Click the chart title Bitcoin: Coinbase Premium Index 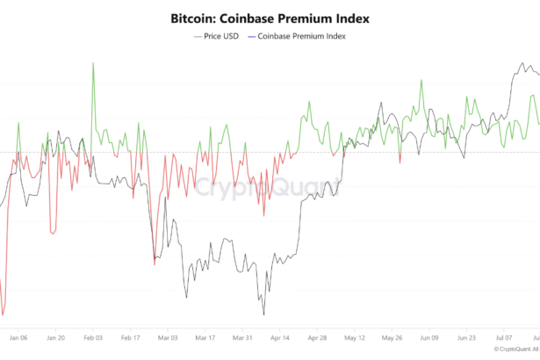coord(270,18)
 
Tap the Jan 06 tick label coord(18,336)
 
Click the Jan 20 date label coord(55,336)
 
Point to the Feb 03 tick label coord(92,336)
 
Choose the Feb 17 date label coord(130,336)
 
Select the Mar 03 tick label coord(168,336)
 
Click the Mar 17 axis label coord(205,336)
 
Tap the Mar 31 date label coord(242,336)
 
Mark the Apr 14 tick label coord(280,336)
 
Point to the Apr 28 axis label coord(318,336)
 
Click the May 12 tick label coord(355,336)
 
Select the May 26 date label coord(392,336)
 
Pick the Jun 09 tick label coord(430,336)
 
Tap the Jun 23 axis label coord(467,336)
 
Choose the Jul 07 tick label coord(505,336)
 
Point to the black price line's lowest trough coord(263,314)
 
